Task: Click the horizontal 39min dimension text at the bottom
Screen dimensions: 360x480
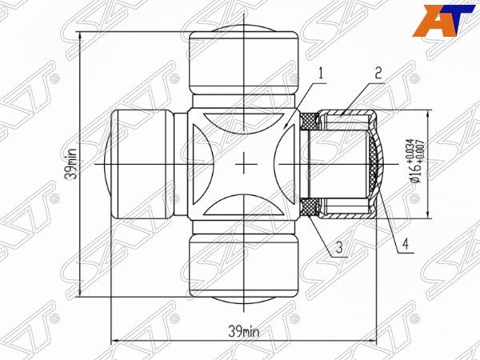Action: (245, 330)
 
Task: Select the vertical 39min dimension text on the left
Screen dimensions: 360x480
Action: (72, 164)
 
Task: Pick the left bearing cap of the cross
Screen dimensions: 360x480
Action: (140, 164)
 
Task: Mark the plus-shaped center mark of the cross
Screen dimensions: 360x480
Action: (244, 164)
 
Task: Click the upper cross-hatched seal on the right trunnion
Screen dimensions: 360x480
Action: (310, 121)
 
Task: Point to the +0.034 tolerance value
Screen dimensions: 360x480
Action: (410, 151)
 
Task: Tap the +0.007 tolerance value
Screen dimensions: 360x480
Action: (420, 151)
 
